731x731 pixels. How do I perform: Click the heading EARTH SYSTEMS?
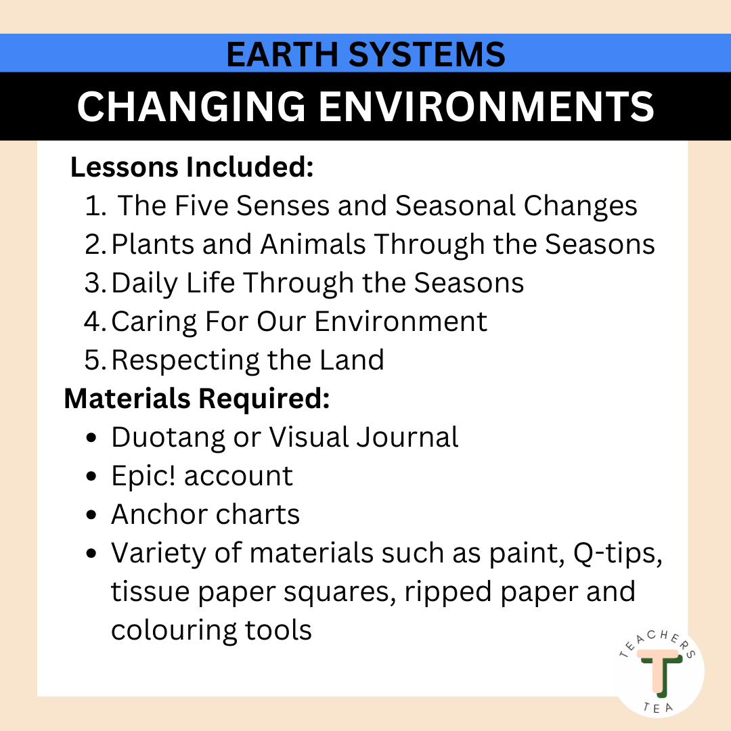tap(365, 54)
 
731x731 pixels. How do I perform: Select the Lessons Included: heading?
tap(192, 168)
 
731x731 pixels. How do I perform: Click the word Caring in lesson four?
tap(152, 322)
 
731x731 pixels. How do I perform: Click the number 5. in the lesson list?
tap(95, 360)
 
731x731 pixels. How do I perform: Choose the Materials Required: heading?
tap(196, 399)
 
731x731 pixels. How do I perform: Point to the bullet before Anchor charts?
tap(92, 516)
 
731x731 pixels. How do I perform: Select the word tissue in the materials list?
tap(150, 592)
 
